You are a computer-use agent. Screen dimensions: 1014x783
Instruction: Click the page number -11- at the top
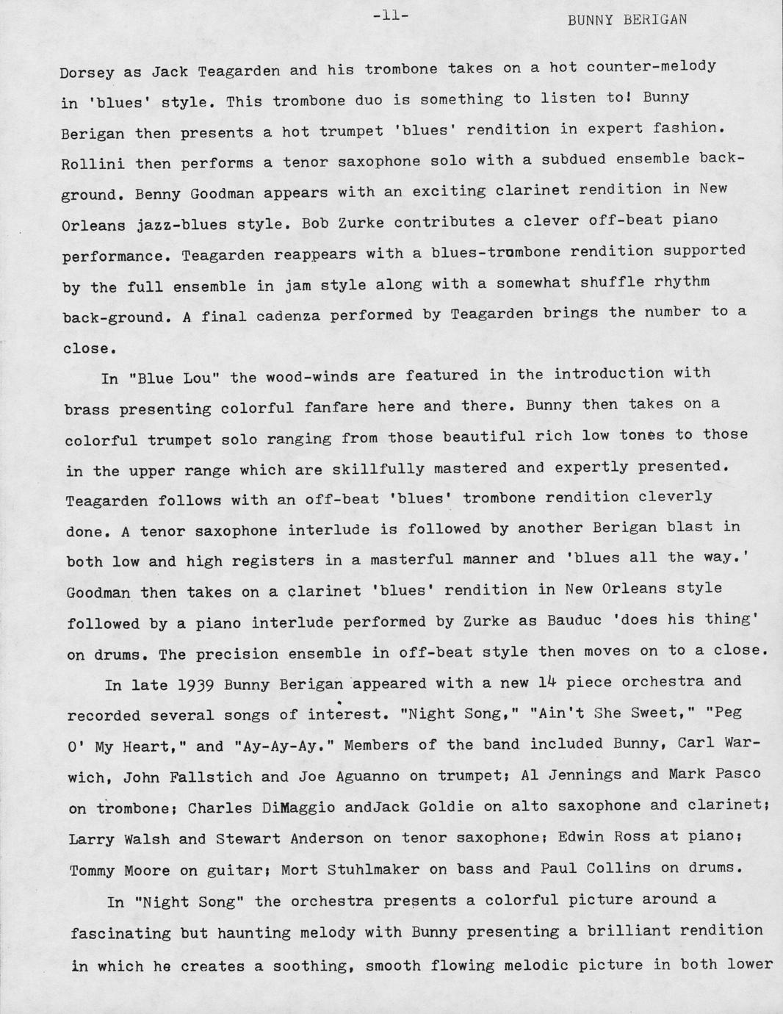390,14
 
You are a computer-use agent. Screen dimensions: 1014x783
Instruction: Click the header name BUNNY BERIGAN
627,20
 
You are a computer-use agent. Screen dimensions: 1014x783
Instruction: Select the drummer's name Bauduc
570,620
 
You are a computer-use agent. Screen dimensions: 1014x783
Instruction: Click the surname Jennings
585,774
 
